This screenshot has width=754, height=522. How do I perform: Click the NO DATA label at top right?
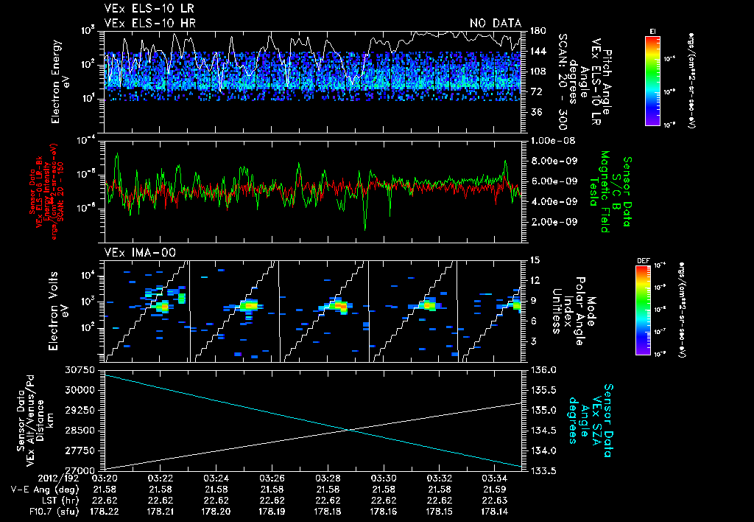[495, 23]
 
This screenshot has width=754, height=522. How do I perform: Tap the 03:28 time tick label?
[328, 478]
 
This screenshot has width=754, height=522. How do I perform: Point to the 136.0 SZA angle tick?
[543, 369]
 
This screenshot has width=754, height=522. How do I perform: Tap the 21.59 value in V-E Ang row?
[495, 489]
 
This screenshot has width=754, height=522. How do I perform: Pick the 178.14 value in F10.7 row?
[495, 509]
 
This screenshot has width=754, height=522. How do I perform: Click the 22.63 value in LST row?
[495, 499]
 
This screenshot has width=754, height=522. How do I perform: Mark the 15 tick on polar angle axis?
[535, 260]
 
